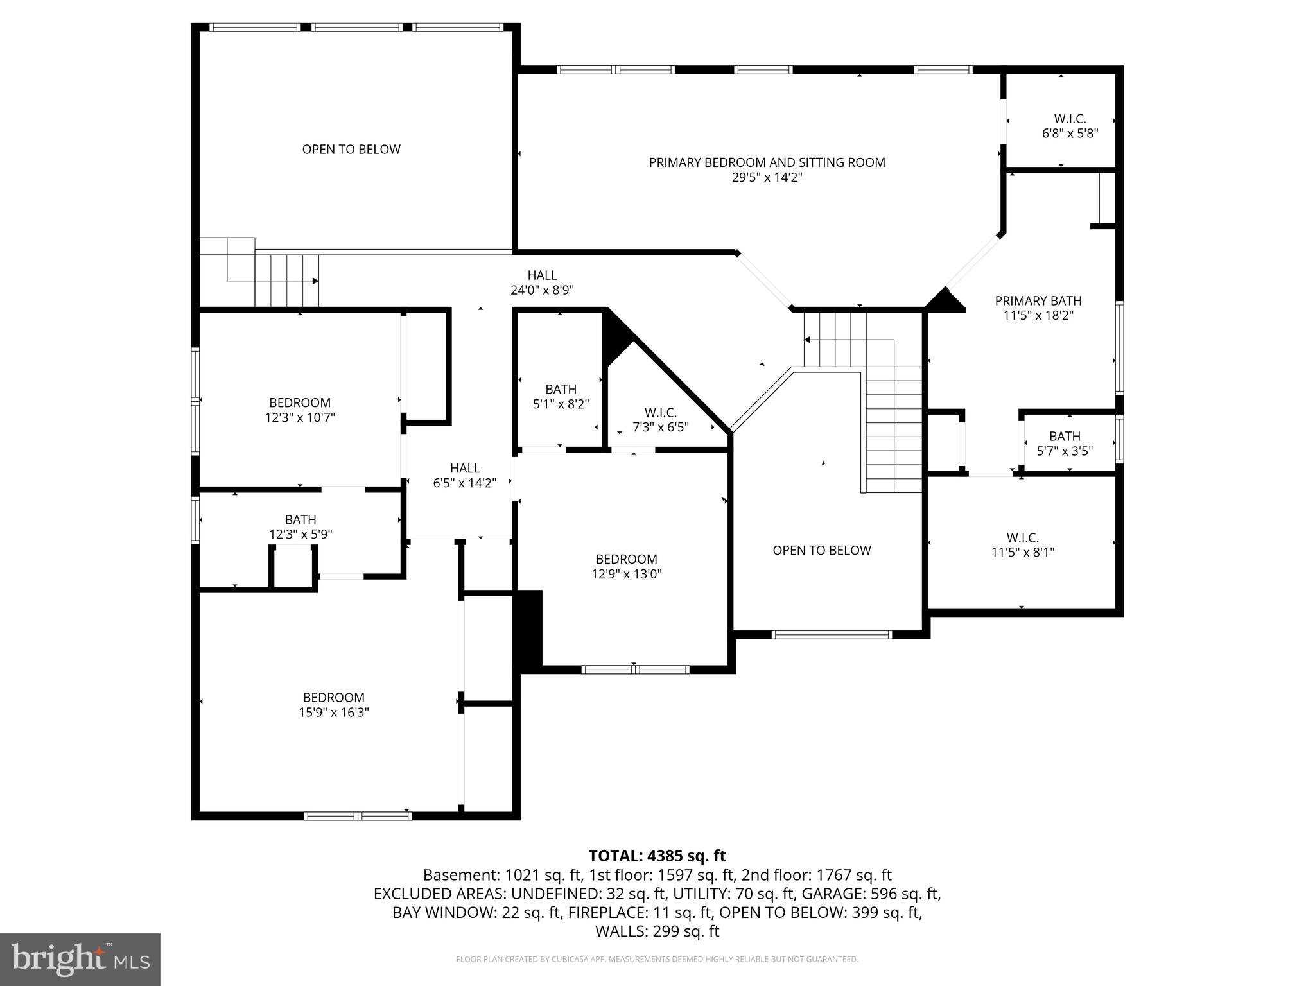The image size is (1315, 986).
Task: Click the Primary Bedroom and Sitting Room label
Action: click(x=767, y=162)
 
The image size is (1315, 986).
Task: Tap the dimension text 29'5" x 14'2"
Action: click(x=767, y=178)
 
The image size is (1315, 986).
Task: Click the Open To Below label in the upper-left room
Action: click(x=351, y=149)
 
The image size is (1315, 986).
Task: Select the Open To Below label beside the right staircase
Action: click(x=821, y=550)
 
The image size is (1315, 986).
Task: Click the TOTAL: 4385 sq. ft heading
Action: click(x=657, y=856)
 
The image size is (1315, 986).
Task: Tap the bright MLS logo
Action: click(x=80, y=959)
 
